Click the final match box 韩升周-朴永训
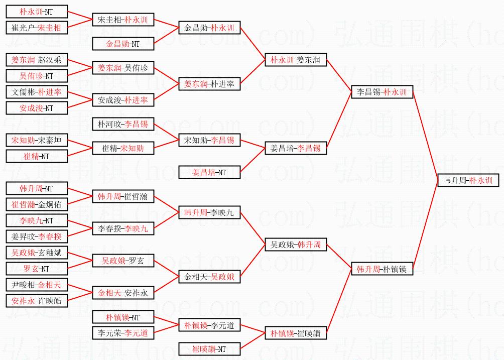pyautogui.click(x=468, y=180)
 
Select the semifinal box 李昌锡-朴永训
pyautogui.click(x=382, y=92)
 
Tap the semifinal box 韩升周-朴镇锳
pyautogui.click(x=382, y=269)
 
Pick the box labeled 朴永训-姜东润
pyautogui.click(x=295, y=60)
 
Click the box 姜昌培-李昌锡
pyautogui.click(x=295, y=148)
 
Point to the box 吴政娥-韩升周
pyautogui.click(x=295, y=245)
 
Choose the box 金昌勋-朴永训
pyautogui.click(x=209, y=28)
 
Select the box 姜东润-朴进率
pyautogui.click(x=209, y=84)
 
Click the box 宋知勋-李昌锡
pyautogui.click(x=209, y=140)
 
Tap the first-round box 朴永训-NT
pyautogui.click(x=36, y=12)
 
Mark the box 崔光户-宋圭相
pyautogui.click(x=36, y=28)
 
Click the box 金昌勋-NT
pyautogui.click(x=122, y=44)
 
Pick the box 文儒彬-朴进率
pyautogui.click(x=36, y=92)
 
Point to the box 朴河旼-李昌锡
pyautogui.click(x=122, y=124)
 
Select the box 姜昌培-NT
pyautogui.click(x=209, y=172)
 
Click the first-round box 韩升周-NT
pyautogui.click(x=36, y=189)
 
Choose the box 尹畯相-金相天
pyautogui.click(x=36, y=285)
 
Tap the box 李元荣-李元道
pyautogui.click(x=122, y=333)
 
